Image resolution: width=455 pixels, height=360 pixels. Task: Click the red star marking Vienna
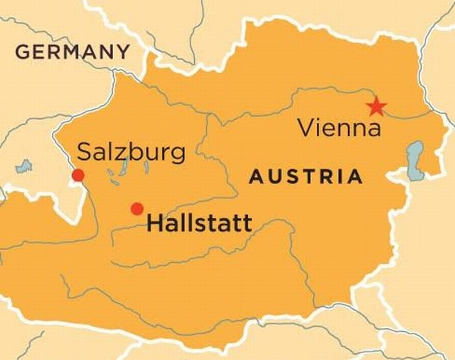tap(375, 107)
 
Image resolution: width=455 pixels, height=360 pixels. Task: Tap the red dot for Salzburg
tap(77, 176)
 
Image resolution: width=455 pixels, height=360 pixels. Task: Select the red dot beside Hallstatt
tap(136, 208)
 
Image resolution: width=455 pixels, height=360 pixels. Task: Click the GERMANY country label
tap(72, 52)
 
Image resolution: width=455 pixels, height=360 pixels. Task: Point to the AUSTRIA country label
tap(306, 177)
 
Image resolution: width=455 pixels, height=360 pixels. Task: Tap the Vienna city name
tap(339, 128)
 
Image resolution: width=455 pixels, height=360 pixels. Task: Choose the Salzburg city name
tap(131, 152)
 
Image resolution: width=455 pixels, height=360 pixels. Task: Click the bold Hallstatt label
tap(199, 224)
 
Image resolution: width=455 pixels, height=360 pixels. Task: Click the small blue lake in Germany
tap(24, 165)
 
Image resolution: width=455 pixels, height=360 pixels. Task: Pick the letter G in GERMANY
tap(22, 52)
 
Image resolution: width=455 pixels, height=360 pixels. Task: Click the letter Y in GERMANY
tap(122, 52)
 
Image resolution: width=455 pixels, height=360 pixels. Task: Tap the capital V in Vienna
tap(304, 128)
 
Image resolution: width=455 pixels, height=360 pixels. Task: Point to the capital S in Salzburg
tap(84, 152)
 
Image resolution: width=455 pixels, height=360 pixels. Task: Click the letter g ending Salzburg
tap(177, 154)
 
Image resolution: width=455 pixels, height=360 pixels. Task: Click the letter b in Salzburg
tap(139, 152)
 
